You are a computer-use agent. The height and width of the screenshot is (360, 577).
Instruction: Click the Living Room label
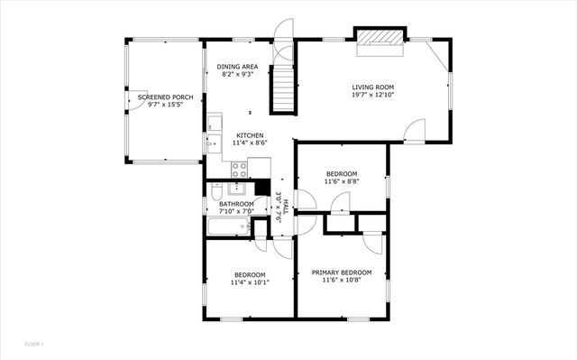[x=372, y=87]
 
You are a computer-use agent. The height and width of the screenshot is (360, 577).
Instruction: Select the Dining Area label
[x=237, y=66]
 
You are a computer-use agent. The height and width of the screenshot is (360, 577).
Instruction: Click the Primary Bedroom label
[x=342, y=272]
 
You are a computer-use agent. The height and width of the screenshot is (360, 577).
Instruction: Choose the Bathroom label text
[x=236, y=204]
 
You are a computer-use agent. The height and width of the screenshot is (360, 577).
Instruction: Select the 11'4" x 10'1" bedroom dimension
[x=250, y=282]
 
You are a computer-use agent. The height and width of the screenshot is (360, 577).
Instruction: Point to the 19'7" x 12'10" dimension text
[x=372, y=95]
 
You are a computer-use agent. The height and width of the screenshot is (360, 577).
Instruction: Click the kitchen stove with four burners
[x=240, y=167]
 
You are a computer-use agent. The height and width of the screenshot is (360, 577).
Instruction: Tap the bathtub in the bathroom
[x=229, y=226]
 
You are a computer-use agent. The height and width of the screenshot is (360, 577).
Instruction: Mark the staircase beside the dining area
[x=285, y=88]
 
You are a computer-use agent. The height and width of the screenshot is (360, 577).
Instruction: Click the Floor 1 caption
[x=34, y=343]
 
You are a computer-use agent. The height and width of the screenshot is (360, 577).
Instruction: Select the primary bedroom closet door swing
[x=372, y=244]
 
